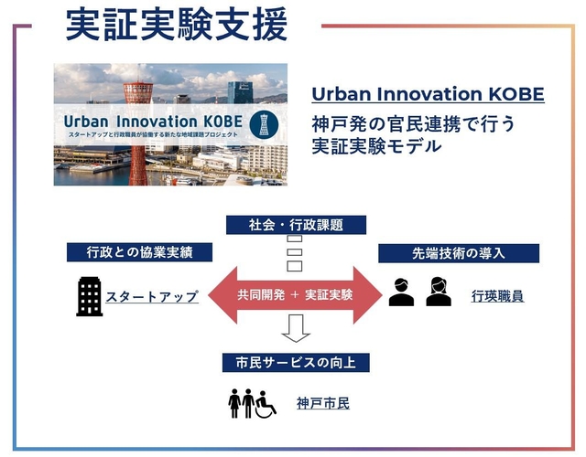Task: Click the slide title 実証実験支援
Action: point(176,26)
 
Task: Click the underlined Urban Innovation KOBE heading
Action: point(428,95)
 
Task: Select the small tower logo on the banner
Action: point(266,122)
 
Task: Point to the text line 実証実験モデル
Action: point(376,145)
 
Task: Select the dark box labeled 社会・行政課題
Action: point(295,225)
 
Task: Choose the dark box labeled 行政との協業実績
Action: point(139,252)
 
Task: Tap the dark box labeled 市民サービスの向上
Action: point(295,363)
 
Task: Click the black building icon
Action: point(89,296)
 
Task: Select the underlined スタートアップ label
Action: point(152,297)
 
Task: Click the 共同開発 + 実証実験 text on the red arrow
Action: point(295,295)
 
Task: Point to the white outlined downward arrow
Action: point(295,327)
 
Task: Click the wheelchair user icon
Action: point(266,404)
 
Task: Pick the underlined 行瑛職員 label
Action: point(497,297)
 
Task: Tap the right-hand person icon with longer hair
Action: point(439,292)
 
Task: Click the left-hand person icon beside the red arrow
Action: point(401,292)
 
